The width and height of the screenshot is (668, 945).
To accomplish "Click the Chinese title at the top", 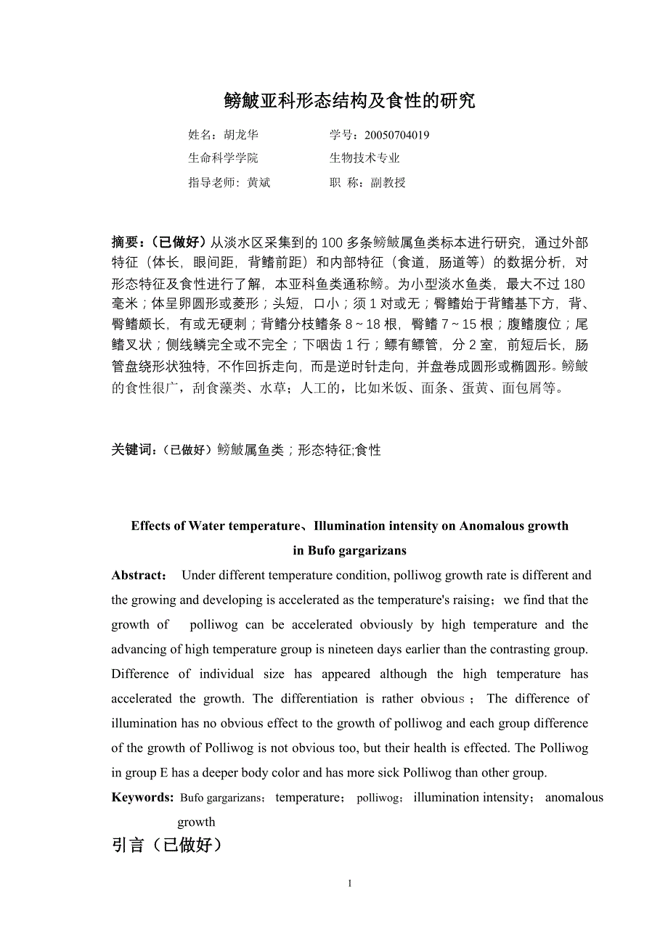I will click(350, 101).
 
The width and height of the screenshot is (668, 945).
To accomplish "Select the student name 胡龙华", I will click(240, 135).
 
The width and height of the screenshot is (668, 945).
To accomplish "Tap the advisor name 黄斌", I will click(258, 183).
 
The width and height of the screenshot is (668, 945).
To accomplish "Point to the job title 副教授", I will click(388, 183).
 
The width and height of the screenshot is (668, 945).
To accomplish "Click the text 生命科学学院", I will click(223, 158).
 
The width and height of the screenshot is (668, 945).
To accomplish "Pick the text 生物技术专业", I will click(364, 158).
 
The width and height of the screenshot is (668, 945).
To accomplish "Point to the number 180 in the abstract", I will click(574, 283).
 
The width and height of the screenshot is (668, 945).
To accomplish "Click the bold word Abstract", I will click(138, 576).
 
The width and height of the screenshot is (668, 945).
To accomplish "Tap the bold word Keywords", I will click(142, 798).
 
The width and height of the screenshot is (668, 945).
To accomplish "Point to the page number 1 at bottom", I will click(350, 883).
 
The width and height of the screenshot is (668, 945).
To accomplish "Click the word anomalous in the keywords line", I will click(574, 798).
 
